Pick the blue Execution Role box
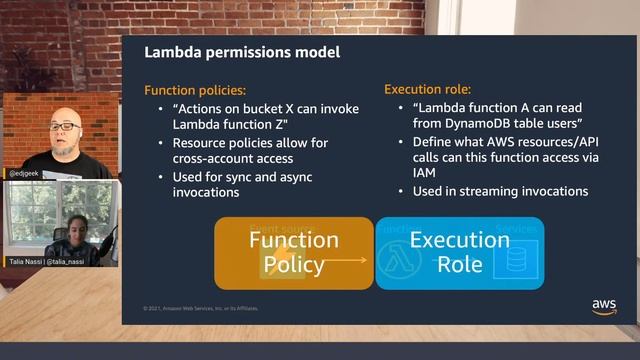point(459,253)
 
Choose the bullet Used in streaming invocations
point(499,190)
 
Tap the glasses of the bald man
point(63,127)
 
